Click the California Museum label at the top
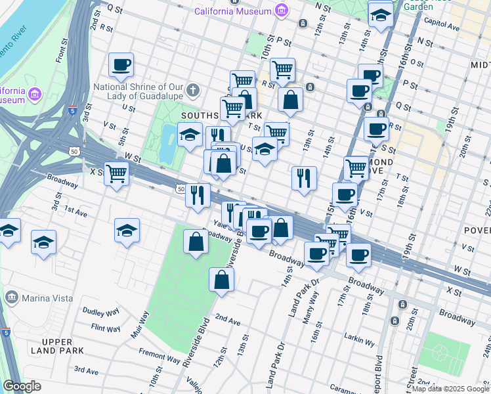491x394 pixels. click(x=232, y=11)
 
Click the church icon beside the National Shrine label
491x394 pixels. click(x=192, y=89)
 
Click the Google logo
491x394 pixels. click(x=22, y=386)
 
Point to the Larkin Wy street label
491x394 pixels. click(x=360, y=341)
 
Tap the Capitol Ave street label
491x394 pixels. click(x=442, y=27)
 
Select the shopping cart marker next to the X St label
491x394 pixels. click(x=116, y=173)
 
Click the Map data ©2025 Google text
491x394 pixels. click(x=449, y=389)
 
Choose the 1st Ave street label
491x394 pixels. click(x=75, y=213)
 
